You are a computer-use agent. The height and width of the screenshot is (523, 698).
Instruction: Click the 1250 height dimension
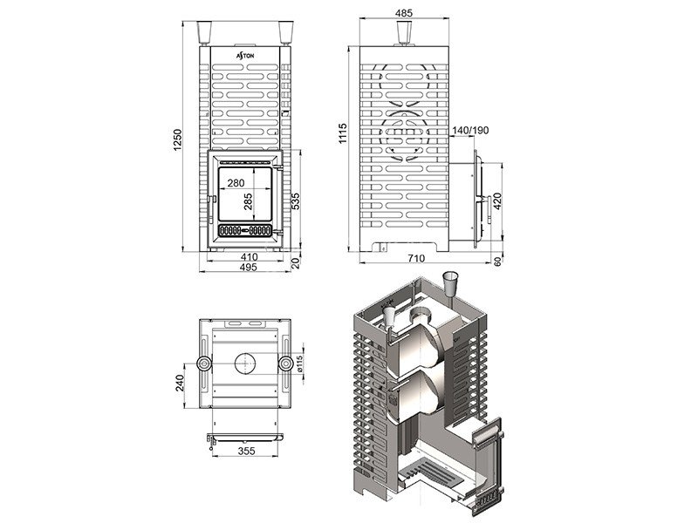pyautogui.click(x=178, y=140)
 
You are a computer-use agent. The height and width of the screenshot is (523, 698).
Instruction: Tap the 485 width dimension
pyautogui.click(x=404, y=13)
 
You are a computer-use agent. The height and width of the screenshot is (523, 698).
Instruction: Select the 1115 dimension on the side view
pyautogui.click(x=342, y=133)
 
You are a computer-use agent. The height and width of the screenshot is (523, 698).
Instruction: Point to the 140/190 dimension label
pyautogui.click(x=470, y=130)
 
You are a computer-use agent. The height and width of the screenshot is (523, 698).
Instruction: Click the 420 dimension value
pyautogui.click(x=497, y=202)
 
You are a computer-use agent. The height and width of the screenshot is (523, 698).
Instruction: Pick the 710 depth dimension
pyautogui.click(x=416, y=258)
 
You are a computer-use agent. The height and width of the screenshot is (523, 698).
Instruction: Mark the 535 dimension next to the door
pyautogui.click(x=295, y=201)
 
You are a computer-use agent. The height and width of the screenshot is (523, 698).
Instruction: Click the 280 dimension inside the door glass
pyautogui.click(x=236, y=183)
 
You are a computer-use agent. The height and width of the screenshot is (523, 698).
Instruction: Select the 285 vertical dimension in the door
pyautogui.click(x=248, y=201)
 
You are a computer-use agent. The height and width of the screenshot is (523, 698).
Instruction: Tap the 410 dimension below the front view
pyautogui.click(x=249, y=257)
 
